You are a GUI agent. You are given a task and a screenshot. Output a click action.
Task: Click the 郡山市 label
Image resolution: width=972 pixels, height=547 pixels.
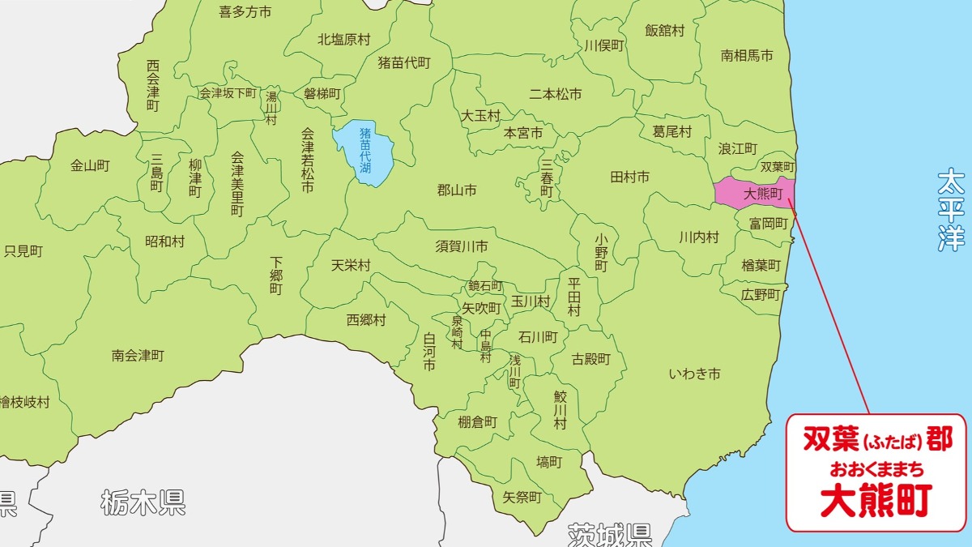tap(457, 191)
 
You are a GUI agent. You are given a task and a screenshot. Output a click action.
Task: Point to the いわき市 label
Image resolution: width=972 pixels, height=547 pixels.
tap(694, 374)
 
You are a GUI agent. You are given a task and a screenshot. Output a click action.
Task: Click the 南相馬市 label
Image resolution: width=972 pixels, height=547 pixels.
tap(747, 56)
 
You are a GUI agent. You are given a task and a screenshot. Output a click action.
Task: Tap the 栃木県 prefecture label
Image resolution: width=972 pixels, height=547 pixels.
tap(143, 503)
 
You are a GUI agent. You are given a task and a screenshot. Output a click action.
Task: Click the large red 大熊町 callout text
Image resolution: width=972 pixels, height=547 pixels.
tap(876, 500)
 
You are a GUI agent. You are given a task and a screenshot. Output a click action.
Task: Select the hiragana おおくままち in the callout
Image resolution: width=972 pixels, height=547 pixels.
tap(876, 469)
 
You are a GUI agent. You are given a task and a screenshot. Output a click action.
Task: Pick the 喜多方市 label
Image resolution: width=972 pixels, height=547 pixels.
tap(245, 11)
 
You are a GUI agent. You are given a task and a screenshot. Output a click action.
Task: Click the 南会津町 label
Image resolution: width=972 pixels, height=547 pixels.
tap(138, 355)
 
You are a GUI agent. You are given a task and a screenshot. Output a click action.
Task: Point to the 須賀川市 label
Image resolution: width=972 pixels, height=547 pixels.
tap(462, 246)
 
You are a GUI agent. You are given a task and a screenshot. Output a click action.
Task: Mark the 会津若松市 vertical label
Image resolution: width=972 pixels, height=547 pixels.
tap(307, 160)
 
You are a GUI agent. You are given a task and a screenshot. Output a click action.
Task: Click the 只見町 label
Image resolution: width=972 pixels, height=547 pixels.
tap(23, 251)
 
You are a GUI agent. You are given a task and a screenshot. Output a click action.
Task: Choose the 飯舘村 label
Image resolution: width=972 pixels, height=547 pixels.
tap(664, 31)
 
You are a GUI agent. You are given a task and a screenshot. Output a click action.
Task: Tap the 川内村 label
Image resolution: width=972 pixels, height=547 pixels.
tap(698, 237)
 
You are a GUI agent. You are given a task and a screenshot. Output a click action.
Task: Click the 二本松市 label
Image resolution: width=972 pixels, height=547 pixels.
tap(556, 94)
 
